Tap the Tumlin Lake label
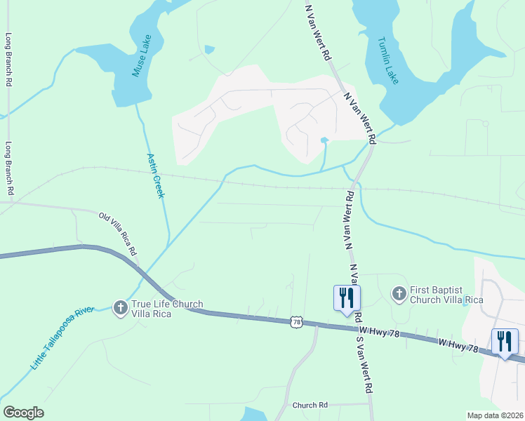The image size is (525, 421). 388,60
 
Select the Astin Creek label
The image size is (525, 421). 155,175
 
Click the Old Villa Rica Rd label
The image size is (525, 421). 118,234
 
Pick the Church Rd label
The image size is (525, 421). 310,406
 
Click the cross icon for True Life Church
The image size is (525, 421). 120,307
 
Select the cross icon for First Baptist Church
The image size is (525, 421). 399,293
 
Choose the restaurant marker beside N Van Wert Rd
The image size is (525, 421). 346,298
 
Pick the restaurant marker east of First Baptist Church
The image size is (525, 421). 505,342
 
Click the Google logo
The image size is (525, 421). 23,413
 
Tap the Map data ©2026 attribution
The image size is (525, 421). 495,415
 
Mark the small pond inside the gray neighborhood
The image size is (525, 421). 324,140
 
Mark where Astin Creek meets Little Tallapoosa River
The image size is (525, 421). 168,243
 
